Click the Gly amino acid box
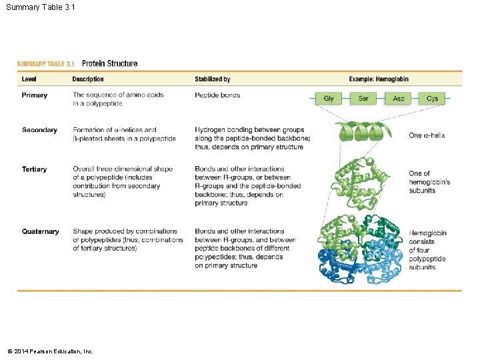coord(329,99)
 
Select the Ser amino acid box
coord(363,99)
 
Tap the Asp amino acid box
coord(398,99)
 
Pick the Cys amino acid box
coord(433,99)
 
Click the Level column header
coord(29,79)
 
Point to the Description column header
coord(88,79)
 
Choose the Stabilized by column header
coord(213,79)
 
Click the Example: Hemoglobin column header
coord(379,79)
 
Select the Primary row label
coord(35,95)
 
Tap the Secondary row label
coord(39,130)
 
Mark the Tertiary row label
coord(34,169)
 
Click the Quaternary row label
coord(40,232)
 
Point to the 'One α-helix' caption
coord(427,135)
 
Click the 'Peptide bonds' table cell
coord(217,95)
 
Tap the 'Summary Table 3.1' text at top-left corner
coord(41,8)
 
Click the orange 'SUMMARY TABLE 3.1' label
coord(45,64)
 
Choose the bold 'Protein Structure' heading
coord(109,64)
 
